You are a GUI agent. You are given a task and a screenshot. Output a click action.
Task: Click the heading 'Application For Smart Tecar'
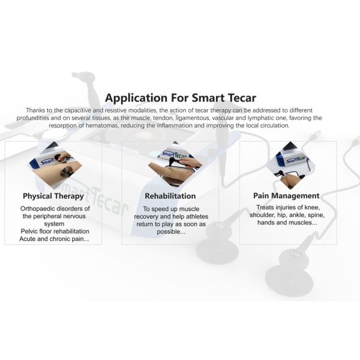[x=181, y=98]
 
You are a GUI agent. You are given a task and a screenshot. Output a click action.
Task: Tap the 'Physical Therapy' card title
[x=53, y=196]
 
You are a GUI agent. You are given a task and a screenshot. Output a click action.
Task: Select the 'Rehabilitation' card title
[x=170, y=196]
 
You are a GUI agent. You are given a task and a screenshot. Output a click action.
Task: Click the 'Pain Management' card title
[x=286, y=196]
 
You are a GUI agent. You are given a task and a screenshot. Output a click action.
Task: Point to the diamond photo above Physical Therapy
[x=56, y=164]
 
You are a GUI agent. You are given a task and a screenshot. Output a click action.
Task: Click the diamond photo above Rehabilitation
[x=175, y=164]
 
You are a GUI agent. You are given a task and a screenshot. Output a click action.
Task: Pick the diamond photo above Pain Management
[x=290, y=166]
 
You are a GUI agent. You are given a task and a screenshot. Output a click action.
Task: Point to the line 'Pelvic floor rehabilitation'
[x=55, y=231]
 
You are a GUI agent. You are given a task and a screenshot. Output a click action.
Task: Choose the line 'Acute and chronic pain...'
[x=54, y=239]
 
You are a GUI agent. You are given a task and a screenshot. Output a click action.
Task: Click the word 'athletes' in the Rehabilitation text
[x=197, y=217]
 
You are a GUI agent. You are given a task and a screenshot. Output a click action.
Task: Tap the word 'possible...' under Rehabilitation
[x=171, y=232]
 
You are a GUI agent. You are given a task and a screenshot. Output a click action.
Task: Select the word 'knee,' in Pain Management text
[x=312, y=208]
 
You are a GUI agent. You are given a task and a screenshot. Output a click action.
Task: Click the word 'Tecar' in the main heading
[x=242, y=98]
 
